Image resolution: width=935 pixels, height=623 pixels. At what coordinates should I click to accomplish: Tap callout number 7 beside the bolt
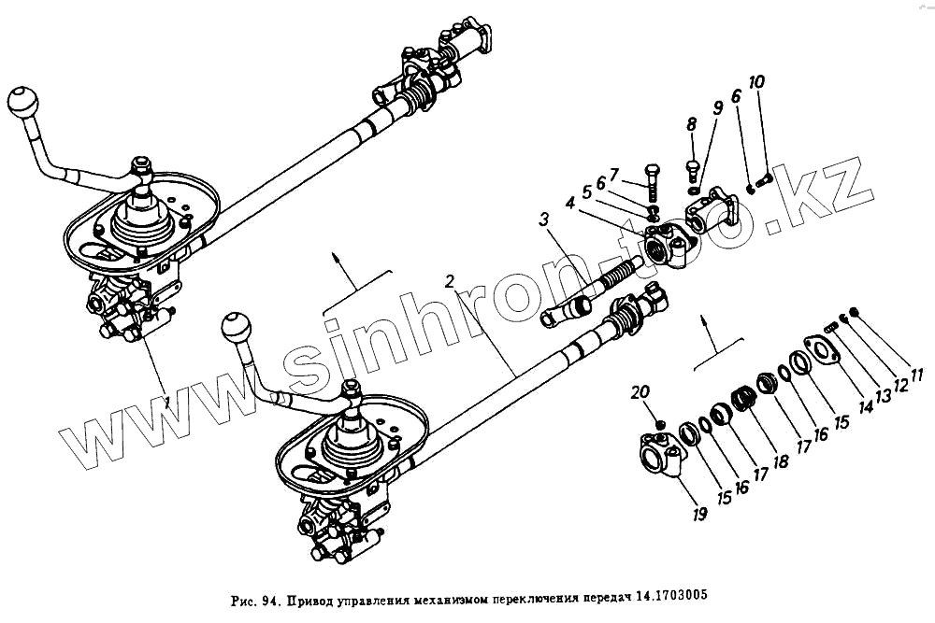point(613,174)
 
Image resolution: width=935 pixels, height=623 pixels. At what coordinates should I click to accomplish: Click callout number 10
point(756,82)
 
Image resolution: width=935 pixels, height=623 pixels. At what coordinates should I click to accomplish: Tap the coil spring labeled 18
point(742,398)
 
